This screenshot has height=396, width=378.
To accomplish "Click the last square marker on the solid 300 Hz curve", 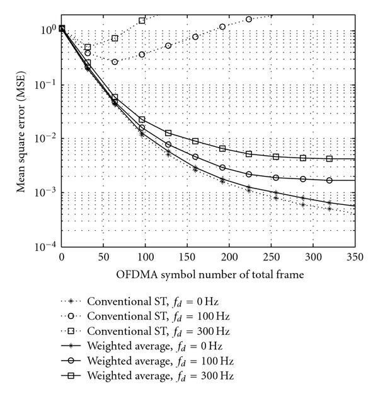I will (329, 158).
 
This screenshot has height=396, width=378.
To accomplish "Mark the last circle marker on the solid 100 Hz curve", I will (329, 180).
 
